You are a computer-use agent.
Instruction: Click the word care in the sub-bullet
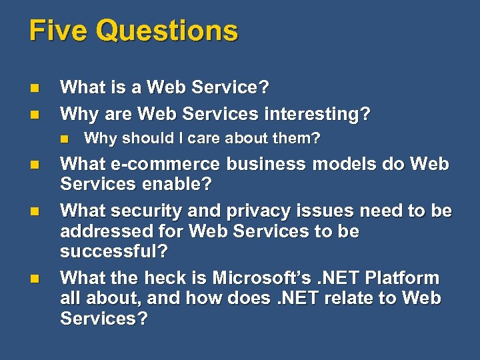click(x=208, y=139)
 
